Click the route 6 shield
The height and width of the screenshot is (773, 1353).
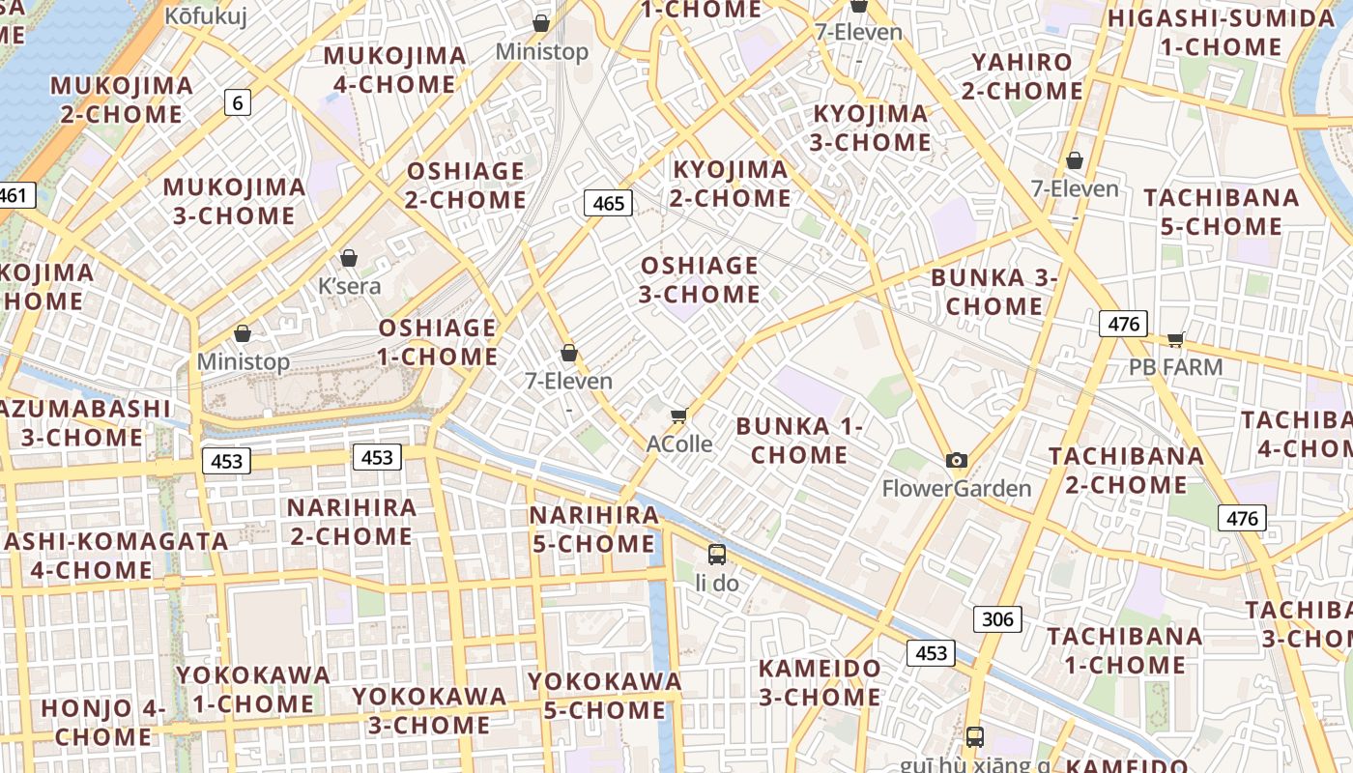pyautogui.click(x=238, y=101)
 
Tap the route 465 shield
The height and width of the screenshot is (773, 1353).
pyautogui.click(x=608, y=203)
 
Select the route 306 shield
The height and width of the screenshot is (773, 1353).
pyautogui.click(x=996, y=618)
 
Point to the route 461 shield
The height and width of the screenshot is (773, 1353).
pyautogui.click(x=14, y=195)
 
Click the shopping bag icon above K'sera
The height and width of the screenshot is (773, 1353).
pyautogui.click(x=349, y=258)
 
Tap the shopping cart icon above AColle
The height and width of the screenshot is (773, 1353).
pyautogui.click(x=678, y=415)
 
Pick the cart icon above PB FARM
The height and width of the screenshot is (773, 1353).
pyautogui.click(x=1176, y=338)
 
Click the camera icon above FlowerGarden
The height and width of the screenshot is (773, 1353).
pyautogui.click(x=957, y=460)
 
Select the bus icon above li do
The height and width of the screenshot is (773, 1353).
pyautogui.click(x=717, y=555)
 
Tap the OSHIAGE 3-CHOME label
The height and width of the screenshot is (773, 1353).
pyautogui.click(x=700, y=280)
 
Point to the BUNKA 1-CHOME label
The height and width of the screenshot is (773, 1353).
pyautogui.click(x=799, y=441)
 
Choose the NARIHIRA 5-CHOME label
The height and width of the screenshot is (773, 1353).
pyautogui.click(x=594, y=529)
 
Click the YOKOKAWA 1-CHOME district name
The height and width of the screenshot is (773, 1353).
pyautogui.click(x=253, y=689)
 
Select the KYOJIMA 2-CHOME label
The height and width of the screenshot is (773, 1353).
pyautogui.click(x=732, y=184)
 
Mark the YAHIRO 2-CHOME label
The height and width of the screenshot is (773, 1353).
pyautogui.click(x=1022, y=76)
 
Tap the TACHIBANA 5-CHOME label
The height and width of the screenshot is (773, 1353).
pyautogui.click(x=1222, y=212)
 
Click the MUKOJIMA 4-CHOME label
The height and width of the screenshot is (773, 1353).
pyautogui.click(x=395, y=70)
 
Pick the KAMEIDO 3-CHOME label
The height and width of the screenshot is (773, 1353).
pyautogui.click(x=820, y=682)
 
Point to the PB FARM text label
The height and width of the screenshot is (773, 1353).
pyautogui.click(x=1176, y=367)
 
